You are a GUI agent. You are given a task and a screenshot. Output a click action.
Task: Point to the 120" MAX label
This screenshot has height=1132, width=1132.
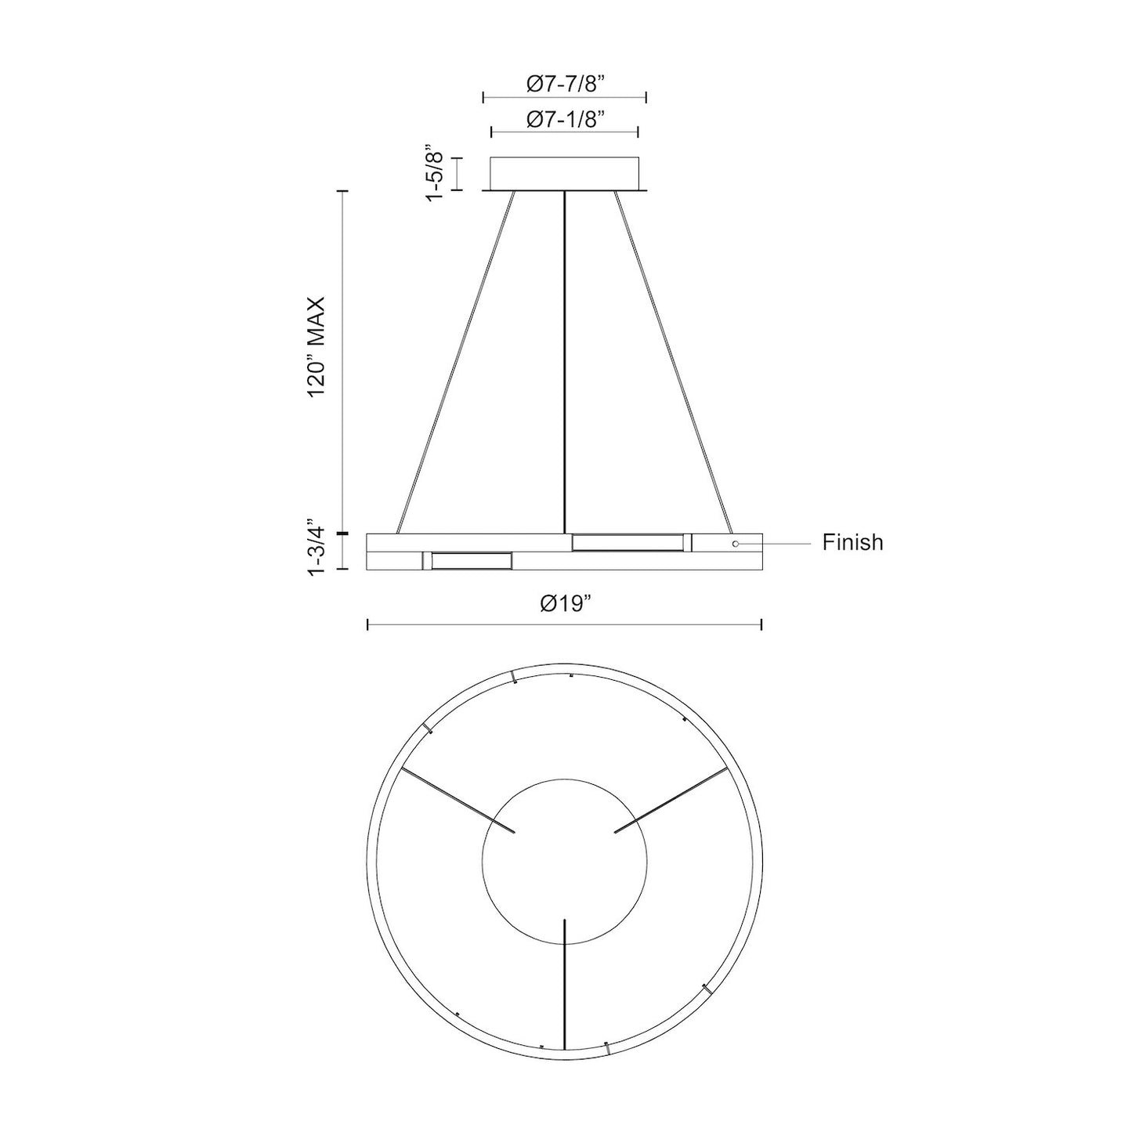[316, 347]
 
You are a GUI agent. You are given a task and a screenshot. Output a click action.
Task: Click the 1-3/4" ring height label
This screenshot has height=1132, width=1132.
[316, 548]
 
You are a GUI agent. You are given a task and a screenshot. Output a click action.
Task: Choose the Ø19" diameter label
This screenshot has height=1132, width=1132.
[564, 603]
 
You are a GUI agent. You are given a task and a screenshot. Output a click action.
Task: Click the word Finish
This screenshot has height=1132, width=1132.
[852, 542]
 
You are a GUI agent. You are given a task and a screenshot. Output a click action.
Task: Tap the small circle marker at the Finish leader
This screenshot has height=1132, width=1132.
[735, 543]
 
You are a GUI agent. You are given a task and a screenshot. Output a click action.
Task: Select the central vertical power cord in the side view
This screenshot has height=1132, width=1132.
[564, 360]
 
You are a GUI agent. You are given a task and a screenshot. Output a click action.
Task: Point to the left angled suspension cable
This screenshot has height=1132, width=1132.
[456, 360]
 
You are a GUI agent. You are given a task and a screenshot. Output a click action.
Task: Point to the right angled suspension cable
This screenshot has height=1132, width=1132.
[674, 360]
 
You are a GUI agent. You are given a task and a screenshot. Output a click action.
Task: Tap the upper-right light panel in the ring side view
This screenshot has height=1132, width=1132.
[627, 542]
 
